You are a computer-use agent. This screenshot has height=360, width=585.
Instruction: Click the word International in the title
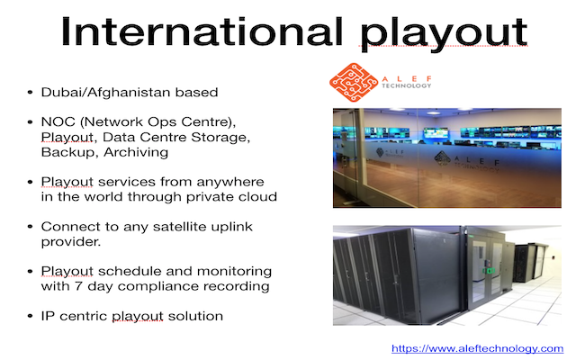pyautogui.click(x=202, y=31)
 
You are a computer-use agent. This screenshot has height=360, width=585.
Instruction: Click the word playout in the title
pyautogui.click(x=443, y=34)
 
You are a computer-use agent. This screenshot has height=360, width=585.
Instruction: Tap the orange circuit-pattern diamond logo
pyautogui.click(x=354, y=83)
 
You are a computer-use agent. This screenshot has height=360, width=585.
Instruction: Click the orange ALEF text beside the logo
pyautogui.click(x=407, y=78)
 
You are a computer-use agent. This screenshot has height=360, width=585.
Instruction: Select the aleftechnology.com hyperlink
pyautogui.click(x=477, y=348)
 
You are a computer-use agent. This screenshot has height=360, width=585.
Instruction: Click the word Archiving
pyautogui.click(x=136, y=153)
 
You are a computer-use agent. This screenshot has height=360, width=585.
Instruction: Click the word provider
pyautogui.click(x=71, y=242)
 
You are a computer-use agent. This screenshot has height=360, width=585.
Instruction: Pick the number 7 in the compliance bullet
pyautogui.click(x=78, y=286)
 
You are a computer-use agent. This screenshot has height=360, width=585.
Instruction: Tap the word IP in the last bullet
pyautogui.click(x=48, y=317)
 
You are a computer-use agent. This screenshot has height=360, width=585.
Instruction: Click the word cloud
pyautogui.click(x=257, y=197)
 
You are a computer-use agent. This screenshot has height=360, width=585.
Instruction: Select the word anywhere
pyautogui.click(x=230, y=183)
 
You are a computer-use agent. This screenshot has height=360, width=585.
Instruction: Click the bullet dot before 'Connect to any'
pyautogui.click(x=31, y=227)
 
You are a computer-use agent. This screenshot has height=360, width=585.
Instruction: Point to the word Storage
pyautogui.click(x=220, y=138)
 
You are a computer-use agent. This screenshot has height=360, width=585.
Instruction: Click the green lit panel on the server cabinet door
pyautogui.click(x=489, y=271)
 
